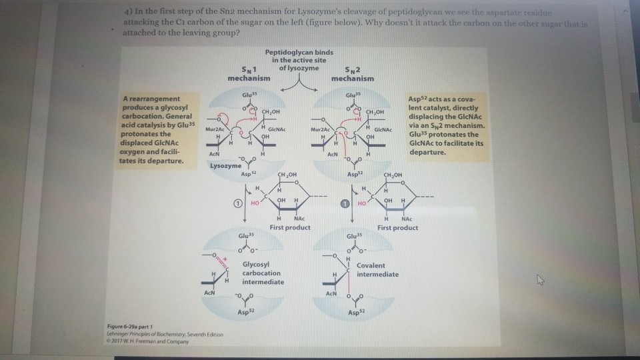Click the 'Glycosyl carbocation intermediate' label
point(262,273)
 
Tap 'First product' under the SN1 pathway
point(290,228)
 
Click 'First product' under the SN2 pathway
point(397,228)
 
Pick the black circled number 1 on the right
point(345,203)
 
